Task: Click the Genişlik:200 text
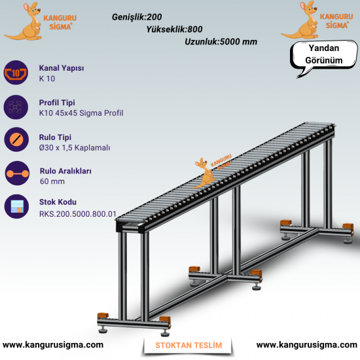click(137, 17)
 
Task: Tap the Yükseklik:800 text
click(174, 29)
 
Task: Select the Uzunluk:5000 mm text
click(221, 41)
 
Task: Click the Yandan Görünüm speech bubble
click(324, 55)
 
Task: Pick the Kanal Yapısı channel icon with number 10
click(16, 73)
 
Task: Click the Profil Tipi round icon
click(16, 107)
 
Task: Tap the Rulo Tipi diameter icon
click(16, 139)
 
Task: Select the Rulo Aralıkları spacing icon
click(17, 173)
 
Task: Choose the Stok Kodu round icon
click(16, 206)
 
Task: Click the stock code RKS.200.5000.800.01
click(78, 214)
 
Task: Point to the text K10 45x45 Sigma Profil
click(81, 113)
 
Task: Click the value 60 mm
click(52, 181)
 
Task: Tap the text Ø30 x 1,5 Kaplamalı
click(75, 148)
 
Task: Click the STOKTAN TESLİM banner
click(189, 346)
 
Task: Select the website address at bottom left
click(53, 345)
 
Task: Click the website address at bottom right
click(307, 345)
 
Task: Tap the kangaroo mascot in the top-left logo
click(26, 22)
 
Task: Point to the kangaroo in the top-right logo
click(302, 20)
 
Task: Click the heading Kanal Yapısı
click(62, 68)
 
